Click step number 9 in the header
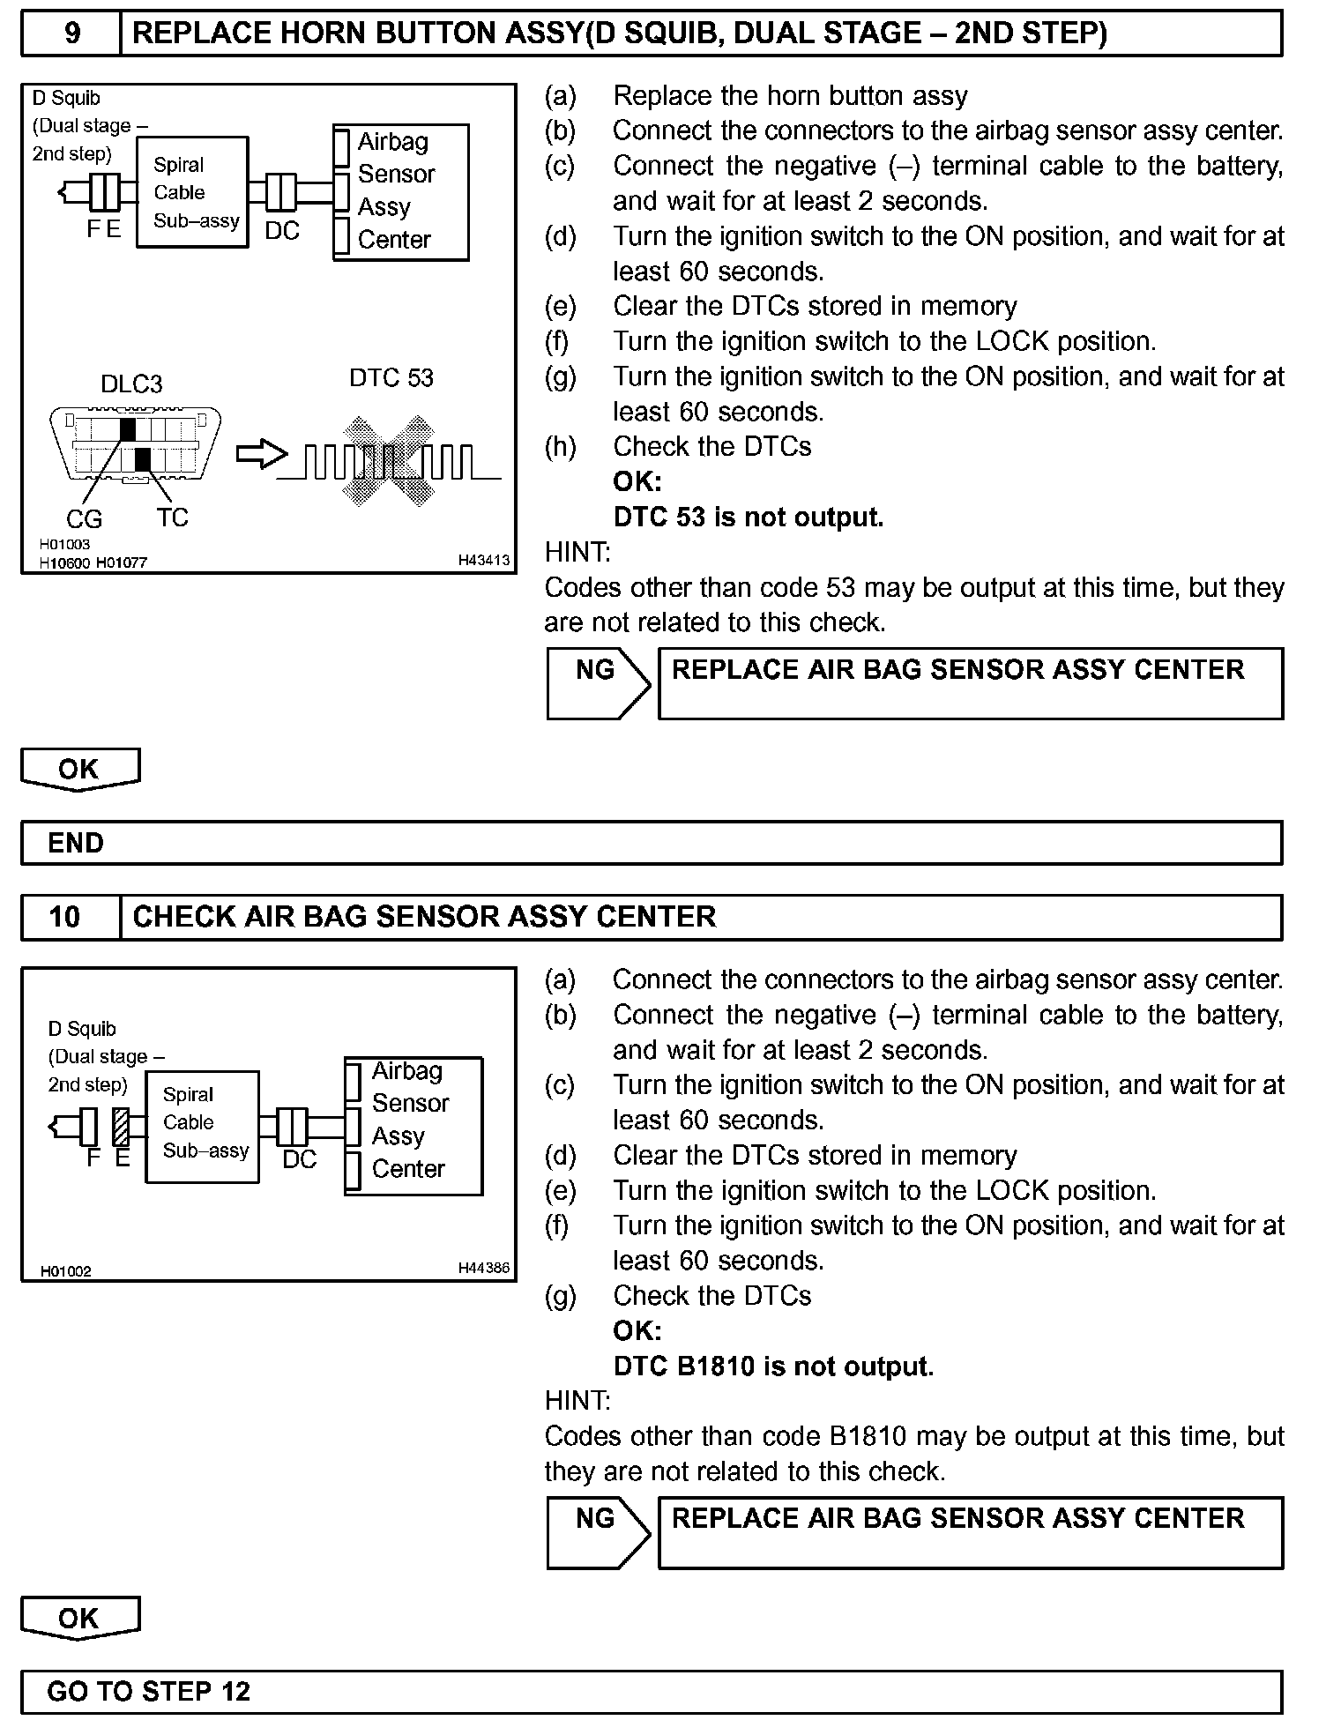pyautogui.click(x=72, y=34)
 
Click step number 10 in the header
pyautogui.click(x=65, y=917)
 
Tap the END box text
pyautogui.click(x=76, y=843)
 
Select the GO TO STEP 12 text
pyautogui.click(x=149, y=1691)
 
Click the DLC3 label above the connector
pyautogui.click(x=131, y=383)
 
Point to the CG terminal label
pyautogui.click(x=84, y=519)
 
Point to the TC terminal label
pyautogui.click(x=173, y=518)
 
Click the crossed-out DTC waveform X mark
pyautogui.click(x=389, y=460)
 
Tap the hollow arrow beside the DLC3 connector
pyautogui.click(x=262, y=455)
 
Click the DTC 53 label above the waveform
pyautogui.click(x=391, y=378)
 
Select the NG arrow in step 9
pyautogui.click(x=598, y=683)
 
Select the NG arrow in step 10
pyautogui.click(x=598, y=1532)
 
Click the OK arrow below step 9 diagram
pyautogui.click(x=80, y=770)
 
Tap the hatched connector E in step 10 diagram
pyautogui.click(x=122, y=1127)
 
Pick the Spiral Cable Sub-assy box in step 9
pyautogui.click(x=192, y=192)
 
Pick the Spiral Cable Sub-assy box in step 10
pyautogui.click(x=202, y=1126)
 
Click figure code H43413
pyautogui.click(x=483, y=561)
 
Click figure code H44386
pyautogui.click(x=483, y=1269)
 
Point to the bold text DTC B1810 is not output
pyautogui.click(x=773, y=1366)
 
